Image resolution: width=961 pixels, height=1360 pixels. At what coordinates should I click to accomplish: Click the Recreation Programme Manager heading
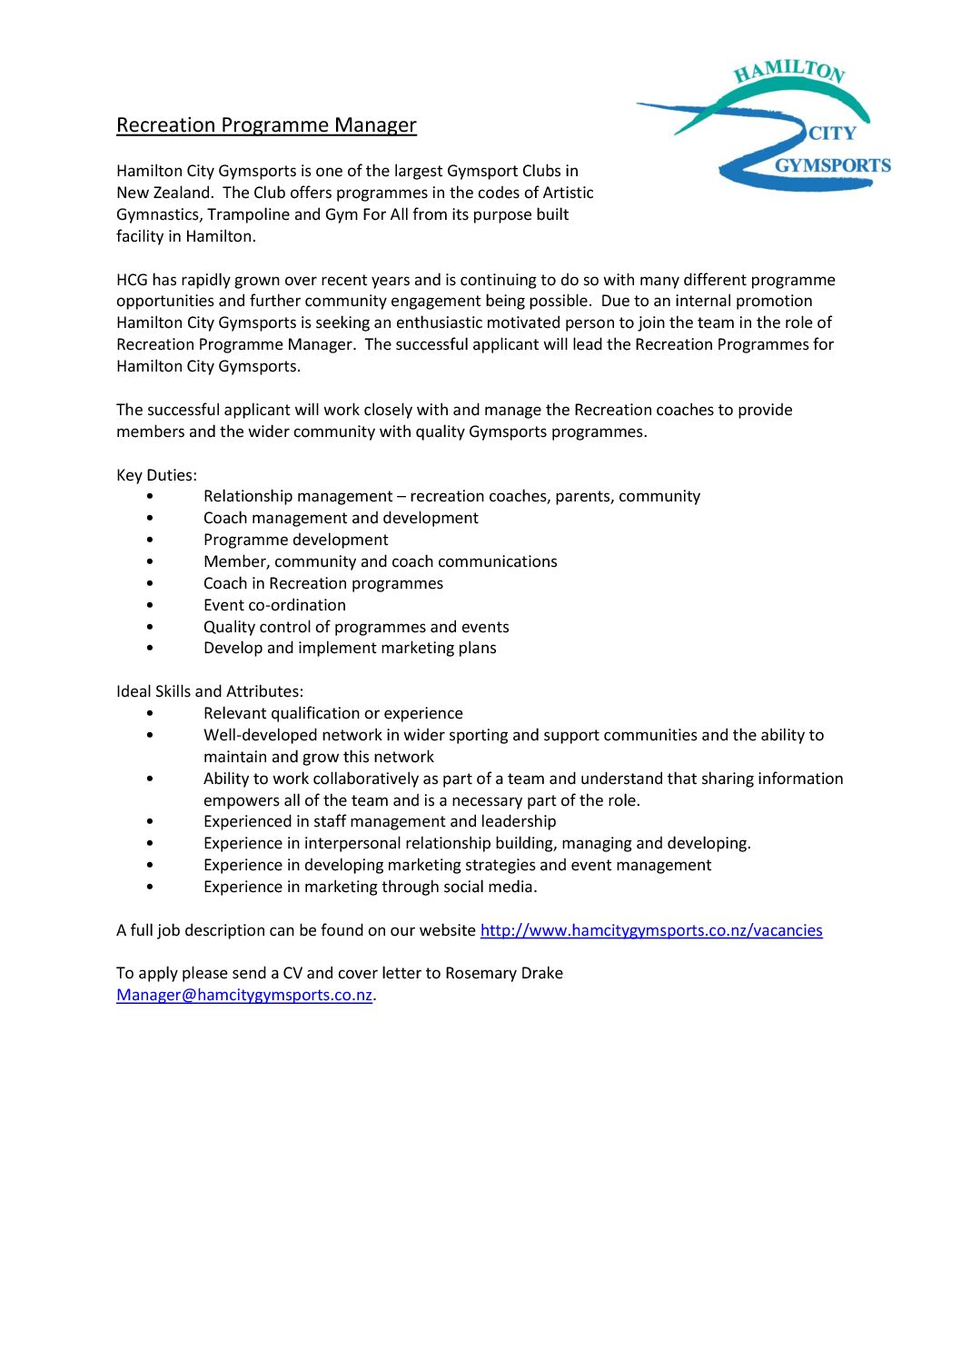pos(266,125)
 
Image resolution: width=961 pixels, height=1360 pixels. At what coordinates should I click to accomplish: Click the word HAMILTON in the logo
pos(789,71)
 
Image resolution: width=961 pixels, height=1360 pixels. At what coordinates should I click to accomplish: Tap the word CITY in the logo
pos(832,134)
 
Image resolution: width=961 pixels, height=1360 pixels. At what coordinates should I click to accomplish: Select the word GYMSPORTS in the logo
pos(832,165)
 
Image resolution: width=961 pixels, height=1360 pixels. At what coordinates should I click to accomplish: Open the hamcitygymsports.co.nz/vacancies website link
pos(650,930)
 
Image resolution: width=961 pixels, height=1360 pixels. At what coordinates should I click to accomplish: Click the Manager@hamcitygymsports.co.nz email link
pos(244,995)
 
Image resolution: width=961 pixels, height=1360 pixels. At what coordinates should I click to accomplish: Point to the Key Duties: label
pos(156,475)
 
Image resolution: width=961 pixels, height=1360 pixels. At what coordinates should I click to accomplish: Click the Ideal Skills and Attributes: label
pos(210,691)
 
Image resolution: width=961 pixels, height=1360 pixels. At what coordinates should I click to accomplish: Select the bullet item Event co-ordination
pos(274,605)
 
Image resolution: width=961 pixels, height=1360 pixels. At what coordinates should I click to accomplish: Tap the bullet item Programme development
pos(295,540)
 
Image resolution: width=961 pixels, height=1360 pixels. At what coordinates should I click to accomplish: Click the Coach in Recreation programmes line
pos(323,583)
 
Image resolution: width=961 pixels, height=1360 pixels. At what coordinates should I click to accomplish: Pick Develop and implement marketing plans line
pos(350,648)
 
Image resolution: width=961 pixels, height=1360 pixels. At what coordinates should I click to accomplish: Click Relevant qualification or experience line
pos(333,713)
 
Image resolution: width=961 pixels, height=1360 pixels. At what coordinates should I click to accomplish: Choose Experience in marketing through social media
pos(370,887)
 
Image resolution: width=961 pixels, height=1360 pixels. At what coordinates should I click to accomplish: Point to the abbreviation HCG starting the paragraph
pos(133,280)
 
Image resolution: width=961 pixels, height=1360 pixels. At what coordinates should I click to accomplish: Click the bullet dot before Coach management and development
pos(150,519)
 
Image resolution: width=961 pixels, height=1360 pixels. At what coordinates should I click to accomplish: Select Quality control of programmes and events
pos(356,627)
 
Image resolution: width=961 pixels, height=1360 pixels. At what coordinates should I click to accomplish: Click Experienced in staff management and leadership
pos(380,821)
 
